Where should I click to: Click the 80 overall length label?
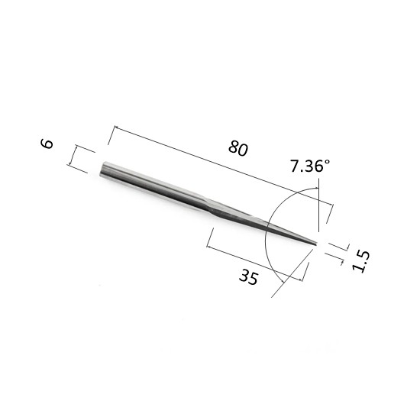[238, 148]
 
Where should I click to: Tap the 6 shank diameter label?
[47, 144]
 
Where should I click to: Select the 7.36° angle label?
[310, 166]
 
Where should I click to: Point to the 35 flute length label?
[249, 277]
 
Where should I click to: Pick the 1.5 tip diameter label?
[360, 262]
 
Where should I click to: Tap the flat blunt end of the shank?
[102, 170]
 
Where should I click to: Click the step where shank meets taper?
[207, 205]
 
